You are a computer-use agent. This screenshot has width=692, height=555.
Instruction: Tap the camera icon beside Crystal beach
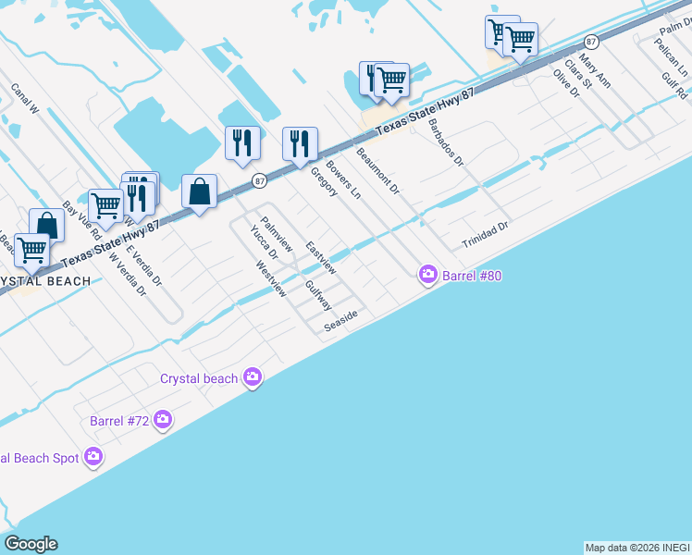point(252,376)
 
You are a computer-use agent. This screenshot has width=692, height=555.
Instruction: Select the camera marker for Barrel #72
point(163,420)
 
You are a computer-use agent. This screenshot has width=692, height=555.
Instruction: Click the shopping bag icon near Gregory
point(199,192)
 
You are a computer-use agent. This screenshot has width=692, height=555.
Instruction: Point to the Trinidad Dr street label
point(487,235)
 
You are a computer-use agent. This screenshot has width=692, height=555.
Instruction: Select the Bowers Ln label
point(343,183)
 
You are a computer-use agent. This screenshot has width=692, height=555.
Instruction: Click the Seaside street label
point(340,321)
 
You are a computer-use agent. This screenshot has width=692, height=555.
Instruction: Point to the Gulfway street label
point(318,296)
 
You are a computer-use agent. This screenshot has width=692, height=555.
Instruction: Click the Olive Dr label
point(565,82)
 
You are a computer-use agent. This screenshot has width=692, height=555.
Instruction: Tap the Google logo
point(31,544)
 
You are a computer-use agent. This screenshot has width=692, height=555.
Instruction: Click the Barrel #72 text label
point(119,421)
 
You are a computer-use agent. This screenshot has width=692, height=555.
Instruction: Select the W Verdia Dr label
point(129,274)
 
